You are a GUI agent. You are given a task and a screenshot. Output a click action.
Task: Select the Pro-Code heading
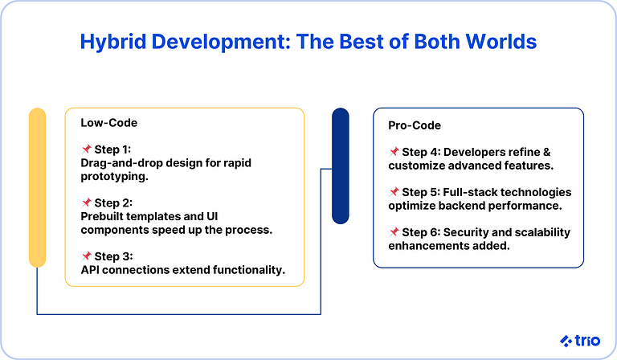click(x=415, y=125)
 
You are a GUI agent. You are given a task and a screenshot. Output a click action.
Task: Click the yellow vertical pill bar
click(x=37, y=186)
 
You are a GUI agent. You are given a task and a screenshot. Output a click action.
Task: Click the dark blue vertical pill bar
click(x=340, y=166)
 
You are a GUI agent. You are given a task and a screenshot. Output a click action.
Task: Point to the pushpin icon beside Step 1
click(x=86, y=149)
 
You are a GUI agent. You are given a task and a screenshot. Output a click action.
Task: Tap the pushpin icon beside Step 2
click(x=86, y=202)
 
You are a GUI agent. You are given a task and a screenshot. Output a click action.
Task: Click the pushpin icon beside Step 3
click(x=86, y=256)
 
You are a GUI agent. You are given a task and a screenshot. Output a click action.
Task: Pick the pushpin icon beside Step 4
click(x=394, y=152)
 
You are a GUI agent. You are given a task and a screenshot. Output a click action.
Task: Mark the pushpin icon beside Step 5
click(x=394, y=192)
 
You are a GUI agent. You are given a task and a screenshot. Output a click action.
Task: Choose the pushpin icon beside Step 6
click(x=394, y=232)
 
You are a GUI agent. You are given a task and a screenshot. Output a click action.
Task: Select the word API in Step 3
click(x=91, y=269)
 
